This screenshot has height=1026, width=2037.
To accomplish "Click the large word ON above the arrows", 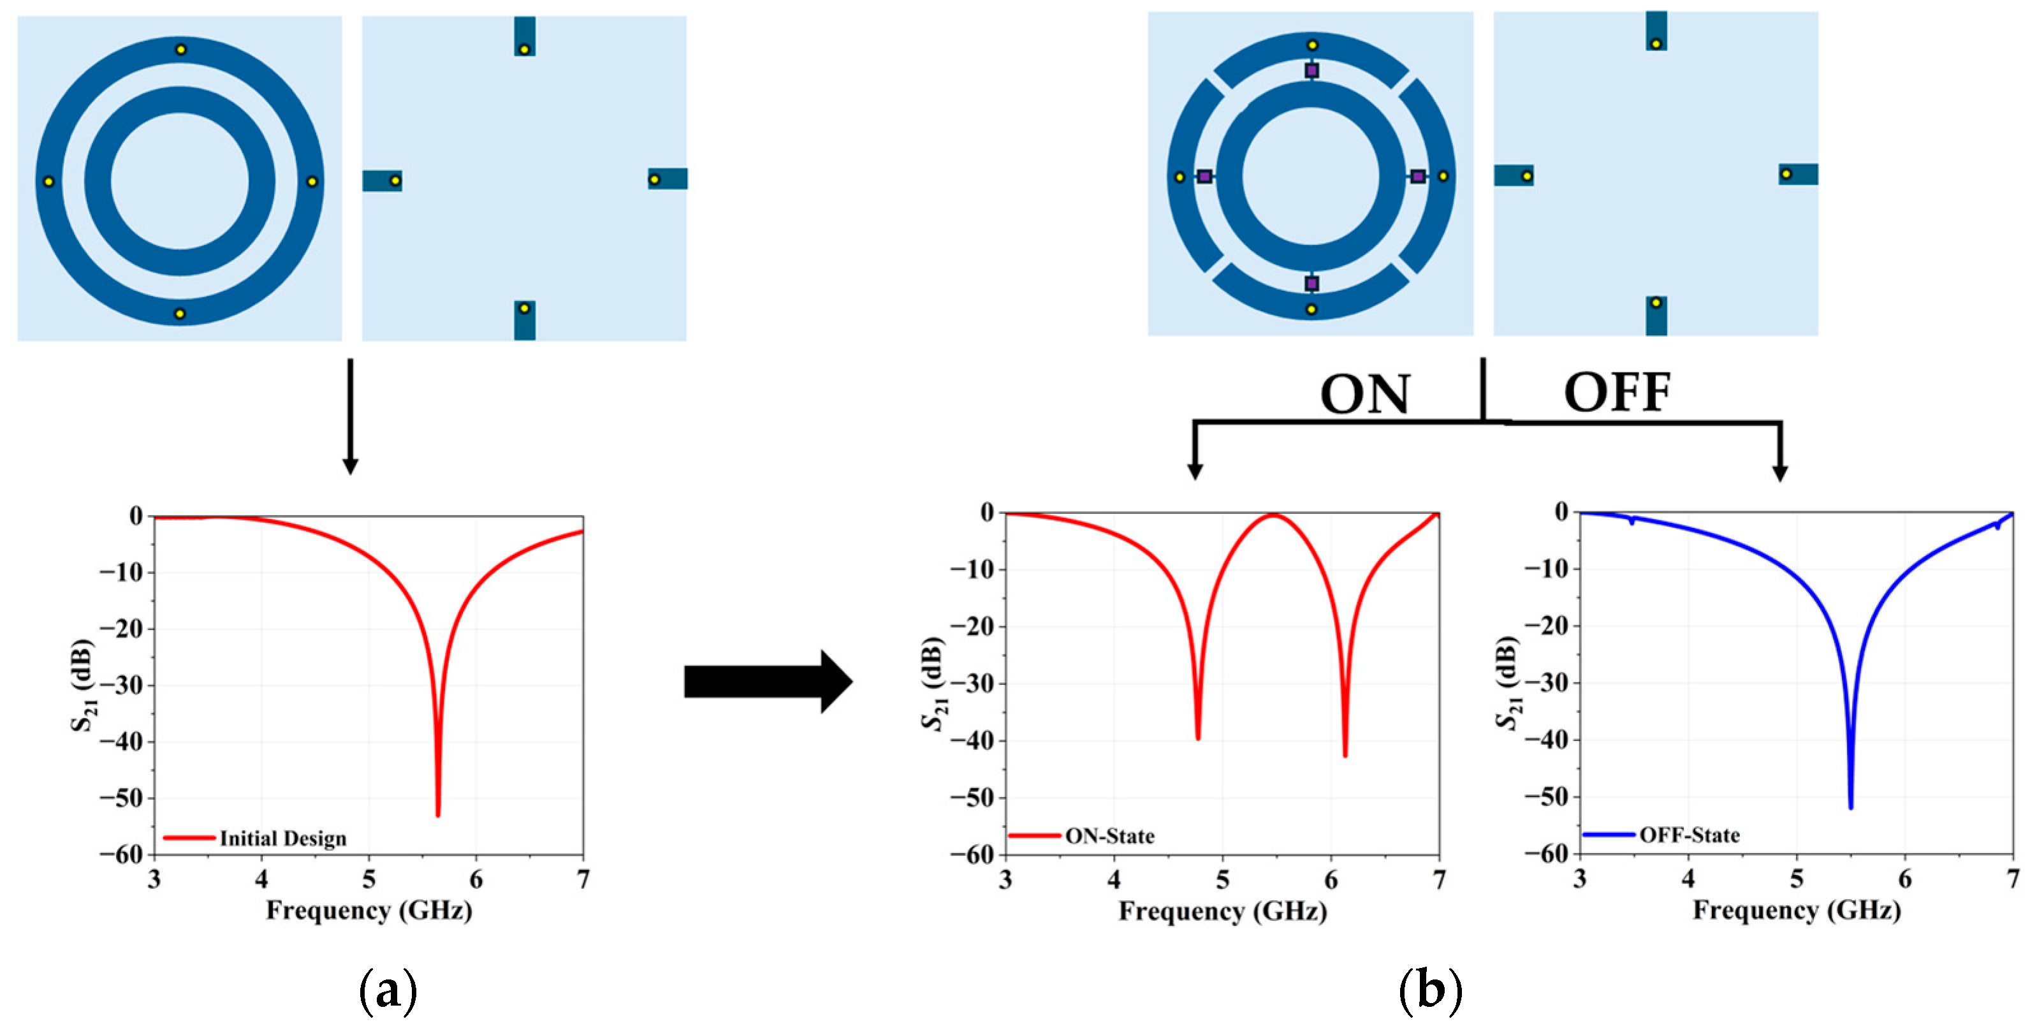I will coord(1365,394).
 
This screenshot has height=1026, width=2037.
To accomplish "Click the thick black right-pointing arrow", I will coord(767,682).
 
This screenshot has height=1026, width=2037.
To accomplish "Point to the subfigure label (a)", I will coord(388,990).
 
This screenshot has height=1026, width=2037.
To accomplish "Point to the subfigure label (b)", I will coord(1429,990).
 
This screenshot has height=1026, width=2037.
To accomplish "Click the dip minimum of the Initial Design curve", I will coord(438,814).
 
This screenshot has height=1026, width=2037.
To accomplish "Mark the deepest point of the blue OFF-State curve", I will coord(1850,807).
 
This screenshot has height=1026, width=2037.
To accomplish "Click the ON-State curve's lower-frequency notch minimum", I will coord(1198,738).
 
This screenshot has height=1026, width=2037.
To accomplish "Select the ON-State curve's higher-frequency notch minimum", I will coord(1345,756).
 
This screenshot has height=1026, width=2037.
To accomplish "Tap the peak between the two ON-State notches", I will coord(1273,515).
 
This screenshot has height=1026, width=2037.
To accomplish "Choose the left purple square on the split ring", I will coord(1204,177).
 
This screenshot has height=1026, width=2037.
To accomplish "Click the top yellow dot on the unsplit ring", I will coord(181,50).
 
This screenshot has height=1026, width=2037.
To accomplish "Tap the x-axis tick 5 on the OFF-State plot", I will coord(1797,879).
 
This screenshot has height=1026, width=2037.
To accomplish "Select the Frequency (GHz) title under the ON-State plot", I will coord(1222,911).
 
